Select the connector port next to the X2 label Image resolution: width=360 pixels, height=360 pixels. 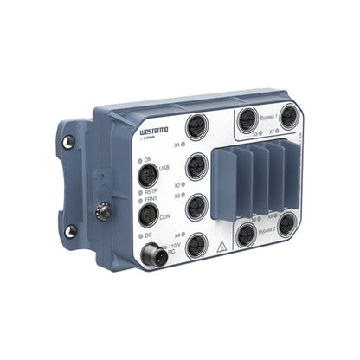coord(196,166)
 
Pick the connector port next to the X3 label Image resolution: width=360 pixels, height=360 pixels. coord(197,206)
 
